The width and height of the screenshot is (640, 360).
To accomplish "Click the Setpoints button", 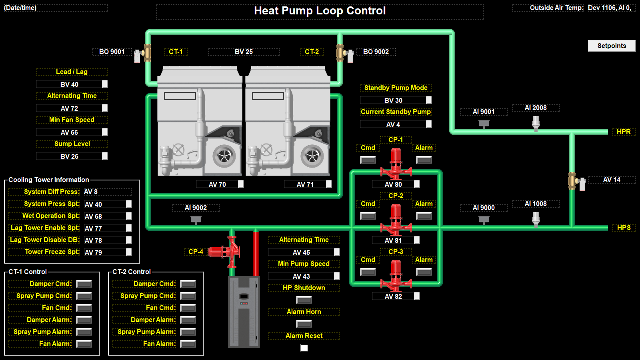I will coord(612,46).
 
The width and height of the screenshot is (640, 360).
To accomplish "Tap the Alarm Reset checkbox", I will coord(304,348).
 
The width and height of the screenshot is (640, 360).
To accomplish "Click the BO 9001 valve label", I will coord(112,52).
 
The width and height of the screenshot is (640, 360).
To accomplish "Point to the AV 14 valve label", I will coord(612,180).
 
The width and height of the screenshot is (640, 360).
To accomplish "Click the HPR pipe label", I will coord(624,132).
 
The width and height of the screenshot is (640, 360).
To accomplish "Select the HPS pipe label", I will coord(624,228).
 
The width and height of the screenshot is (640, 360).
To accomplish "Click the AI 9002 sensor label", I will coord(196,208).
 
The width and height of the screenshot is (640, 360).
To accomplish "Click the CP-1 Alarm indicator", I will coord(424,160).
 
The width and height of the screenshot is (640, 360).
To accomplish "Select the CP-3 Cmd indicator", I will coord(368,272).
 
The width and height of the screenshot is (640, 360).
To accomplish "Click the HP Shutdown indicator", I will coord(304,300).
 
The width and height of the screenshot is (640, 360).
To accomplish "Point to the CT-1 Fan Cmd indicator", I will coord(84,308).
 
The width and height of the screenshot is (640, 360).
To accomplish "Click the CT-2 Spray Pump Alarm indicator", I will coord(188,332).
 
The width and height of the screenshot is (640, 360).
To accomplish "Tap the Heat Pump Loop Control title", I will coord(320,11).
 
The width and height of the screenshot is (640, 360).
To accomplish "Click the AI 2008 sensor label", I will coord(536,108).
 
